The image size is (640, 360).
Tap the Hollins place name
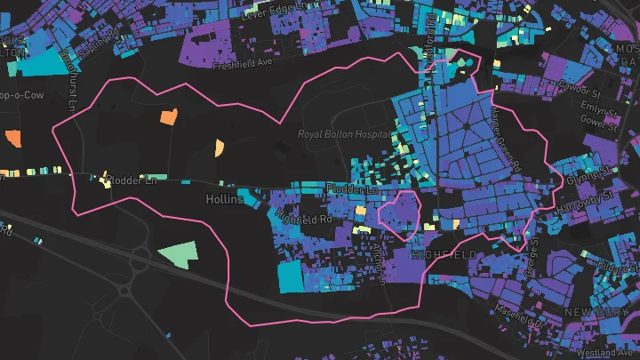coord(223,199)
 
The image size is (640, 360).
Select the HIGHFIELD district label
coord(444,255)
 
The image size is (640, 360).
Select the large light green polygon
coord(179,255)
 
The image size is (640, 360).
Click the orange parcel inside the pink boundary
coord(168,116)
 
